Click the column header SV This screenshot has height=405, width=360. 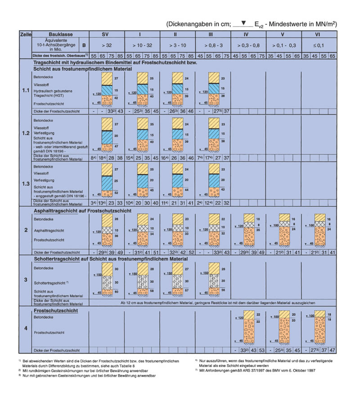(105, 34)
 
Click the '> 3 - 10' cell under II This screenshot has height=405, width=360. (178, 45)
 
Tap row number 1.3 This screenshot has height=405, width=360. (25, 182)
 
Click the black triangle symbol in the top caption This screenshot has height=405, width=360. (243, 23)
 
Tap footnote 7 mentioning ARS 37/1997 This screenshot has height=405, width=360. (261, 370)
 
